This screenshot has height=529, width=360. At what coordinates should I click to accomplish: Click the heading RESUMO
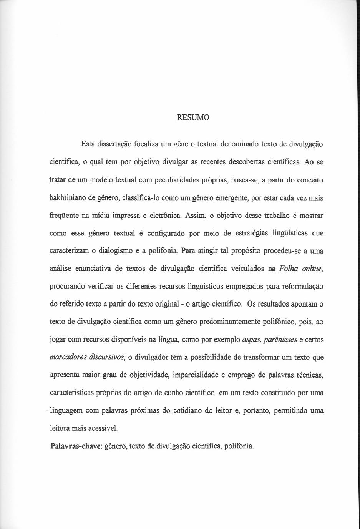(193, 118)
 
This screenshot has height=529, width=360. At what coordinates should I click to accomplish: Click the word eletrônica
(166, 216)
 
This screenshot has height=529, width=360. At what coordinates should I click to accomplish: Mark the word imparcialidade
(195, 375)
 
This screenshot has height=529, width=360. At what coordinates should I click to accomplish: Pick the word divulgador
(152, 357)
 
